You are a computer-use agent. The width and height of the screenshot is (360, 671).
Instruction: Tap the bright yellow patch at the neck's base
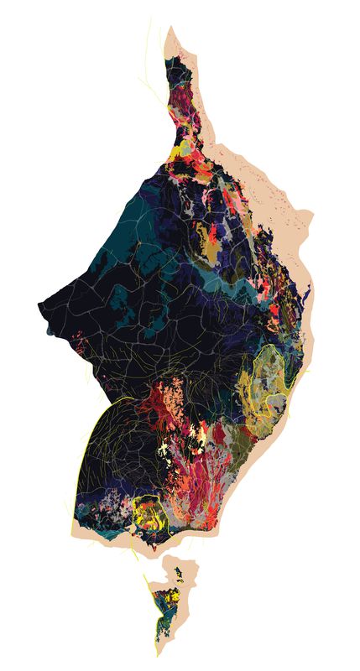click(x=180, y=152)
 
